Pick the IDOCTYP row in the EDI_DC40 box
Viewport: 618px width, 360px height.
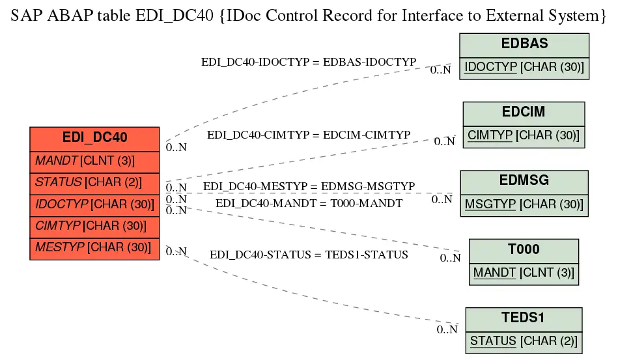tap(94, 205)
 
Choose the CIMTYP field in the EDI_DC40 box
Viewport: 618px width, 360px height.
tap(94, 227)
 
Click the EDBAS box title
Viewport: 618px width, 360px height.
tap(524, 44)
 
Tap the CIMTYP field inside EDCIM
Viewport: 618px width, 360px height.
tap(524, 137)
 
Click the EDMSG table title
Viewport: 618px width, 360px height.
tap(524, 182)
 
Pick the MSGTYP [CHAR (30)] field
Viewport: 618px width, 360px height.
tap(524, 205)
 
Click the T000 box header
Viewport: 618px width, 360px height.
tap(524, 251)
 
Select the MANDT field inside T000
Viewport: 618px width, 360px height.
tap(524, 273)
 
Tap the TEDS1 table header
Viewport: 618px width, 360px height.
tap(524, 318)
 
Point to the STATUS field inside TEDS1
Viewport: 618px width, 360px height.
tap(524, 342)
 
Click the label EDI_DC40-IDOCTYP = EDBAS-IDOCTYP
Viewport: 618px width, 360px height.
tap(309, 62)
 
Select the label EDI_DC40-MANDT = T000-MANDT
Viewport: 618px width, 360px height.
tap(309, 203)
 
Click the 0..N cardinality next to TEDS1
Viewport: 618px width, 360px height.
tap(447, 329)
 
